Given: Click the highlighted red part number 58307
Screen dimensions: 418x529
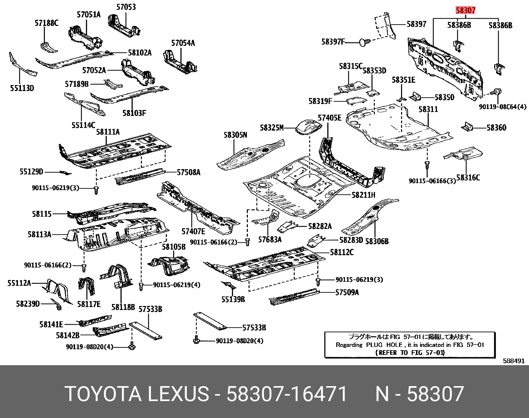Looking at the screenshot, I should coord(466,10).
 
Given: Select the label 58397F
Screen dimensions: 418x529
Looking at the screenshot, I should coord(333,42).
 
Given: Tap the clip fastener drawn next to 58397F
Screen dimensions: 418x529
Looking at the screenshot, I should coord(365,42).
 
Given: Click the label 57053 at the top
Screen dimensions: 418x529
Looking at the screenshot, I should coord(126,7).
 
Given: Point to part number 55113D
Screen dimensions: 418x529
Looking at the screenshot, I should coord(22,88).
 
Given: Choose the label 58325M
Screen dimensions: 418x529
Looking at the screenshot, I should coord(272,128).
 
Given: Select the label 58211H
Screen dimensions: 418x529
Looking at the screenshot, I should coord(364,195).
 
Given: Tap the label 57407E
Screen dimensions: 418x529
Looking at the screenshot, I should coord(193,232).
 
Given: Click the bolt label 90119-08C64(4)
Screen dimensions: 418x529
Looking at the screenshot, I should coord(502,107).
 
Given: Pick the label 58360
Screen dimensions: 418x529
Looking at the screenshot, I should coord(496,128).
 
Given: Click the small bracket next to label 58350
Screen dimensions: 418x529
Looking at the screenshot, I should coord(415,96).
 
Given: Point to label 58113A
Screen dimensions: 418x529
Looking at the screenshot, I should coord(39,235).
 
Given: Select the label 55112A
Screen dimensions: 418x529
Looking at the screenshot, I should coord(19,283).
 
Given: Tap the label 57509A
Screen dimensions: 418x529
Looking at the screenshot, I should coord(347,292).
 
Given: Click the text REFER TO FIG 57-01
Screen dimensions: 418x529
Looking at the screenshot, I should coord(410,353).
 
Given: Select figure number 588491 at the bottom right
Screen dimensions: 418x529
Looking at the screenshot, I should coord(513,361).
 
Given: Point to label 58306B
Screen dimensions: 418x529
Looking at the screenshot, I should coord(377,241).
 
